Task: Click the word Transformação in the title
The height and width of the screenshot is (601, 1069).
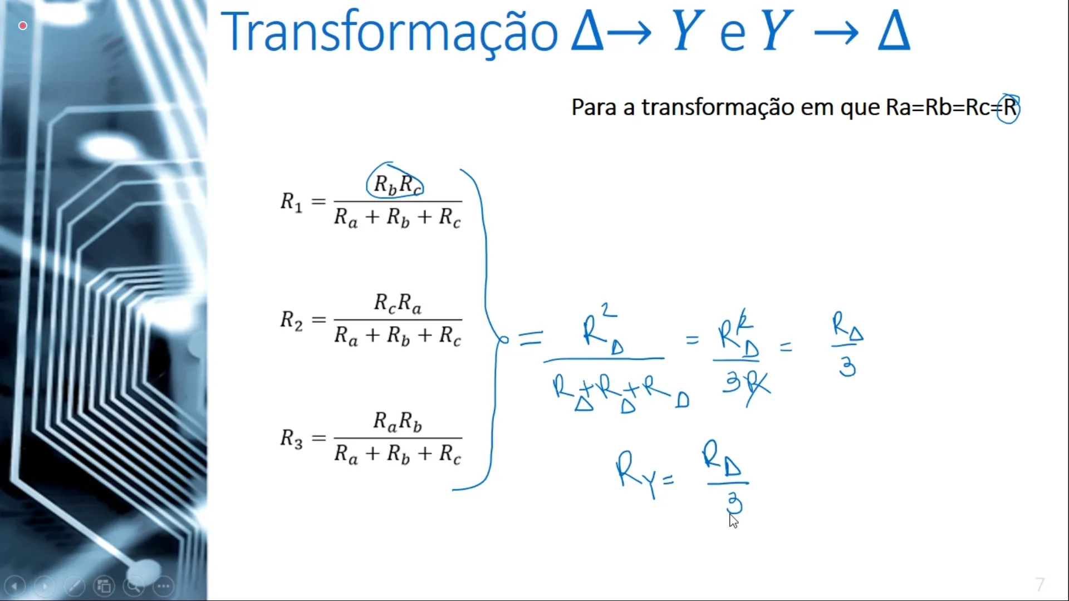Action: click(x=389, y=32)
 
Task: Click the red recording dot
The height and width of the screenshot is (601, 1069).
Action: click(x=23, y=26)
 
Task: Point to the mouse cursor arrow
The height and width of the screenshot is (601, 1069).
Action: click(x=733, y=521)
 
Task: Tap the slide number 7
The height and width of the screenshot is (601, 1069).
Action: click(x=1039, y=584)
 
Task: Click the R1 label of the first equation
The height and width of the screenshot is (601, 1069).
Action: click(x=291, y=201)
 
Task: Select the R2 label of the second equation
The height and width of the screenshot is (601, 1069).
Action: click(x=291, y=320)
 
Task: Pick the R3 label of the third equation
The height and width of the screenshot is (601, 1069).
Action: click(x=291, y=439)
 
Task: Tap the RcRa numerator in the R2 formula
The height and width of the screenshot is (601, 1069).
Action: click(x=398, y=303)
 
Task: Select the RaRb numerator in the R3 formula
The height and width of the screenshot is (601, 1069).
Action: click(x=398, y=422)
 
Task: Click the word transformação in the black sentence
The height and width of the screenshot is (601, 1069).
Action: click(x=718, y=107)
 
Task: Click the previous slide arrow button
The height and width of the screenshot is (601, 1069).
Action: click(x=15, y=586)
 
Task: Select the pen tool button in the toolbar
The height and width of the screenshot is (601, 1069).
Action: click(x=74, y=586)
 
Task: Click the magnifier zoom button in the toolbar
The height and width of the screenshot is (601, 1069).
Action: click(x=134, y=586)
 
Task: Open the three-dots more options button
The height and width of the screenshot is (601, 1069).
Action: click(x=164, y=586)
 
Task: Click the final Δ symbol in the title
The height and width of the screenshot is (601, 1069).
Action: click(x=894, y=32)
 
